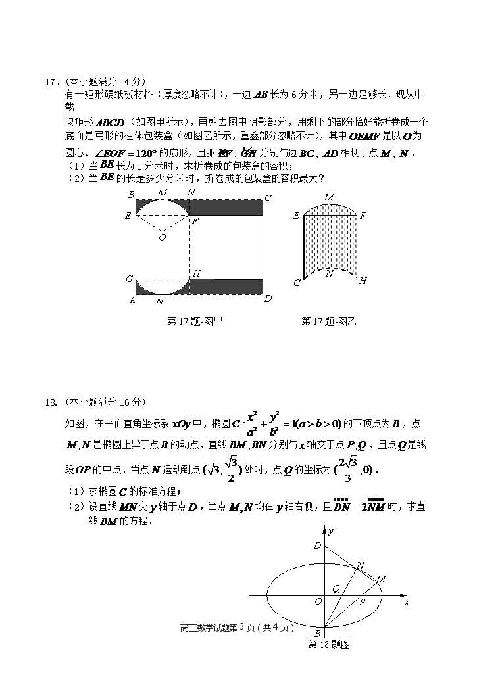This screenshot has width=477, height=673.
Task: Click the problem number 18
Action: click(50, 402)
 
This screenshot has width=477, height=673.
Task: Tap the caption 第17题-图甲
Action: click(195, 321)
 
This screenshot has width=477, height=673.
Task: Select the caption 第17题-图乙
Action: click(329, 321)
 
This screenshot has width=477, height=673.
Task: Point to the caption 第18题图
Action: click(329, 645)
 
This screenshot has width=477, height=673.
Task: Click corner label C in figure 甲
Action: click(268, 198)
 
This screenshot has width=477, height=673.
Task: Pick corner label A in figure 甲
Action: click(132, 300)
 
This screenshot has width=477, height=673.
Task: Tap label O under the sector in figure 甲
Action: click(162, 237)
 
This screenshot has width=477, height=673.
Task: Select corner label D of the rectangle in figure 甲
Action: click(268, 299)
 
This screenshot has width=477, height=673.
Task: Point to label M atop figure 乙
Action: click(329, 197)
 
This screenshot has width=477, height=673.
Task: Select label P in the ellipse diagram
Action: click(362, 601)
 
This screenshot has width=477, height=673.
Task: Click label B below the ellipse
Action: click(317, 634)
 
